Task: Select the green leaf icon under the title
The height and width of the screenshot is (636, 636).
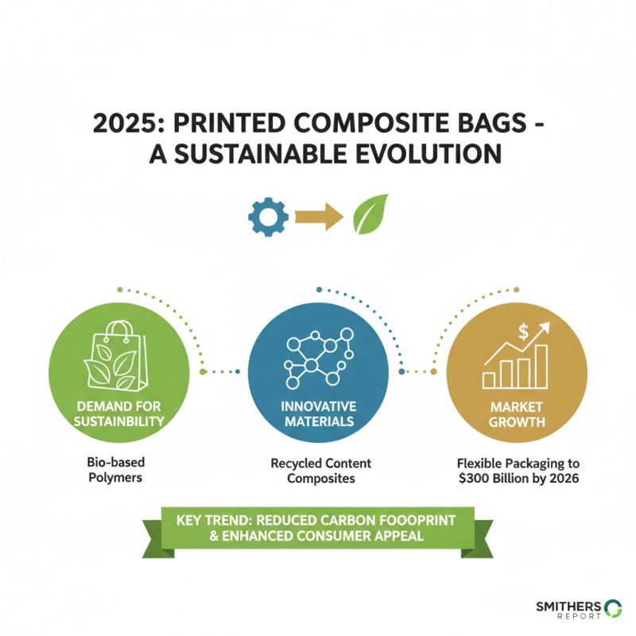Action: point(370,214)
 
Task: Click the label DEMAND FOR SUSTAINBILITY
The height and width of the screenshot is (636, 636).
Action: point(118,413)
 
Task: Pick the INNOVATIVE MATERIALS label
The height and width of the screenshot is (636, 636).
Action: point(318,413)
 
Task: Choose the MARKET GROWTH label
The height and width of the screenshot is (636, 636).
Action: point(517,413)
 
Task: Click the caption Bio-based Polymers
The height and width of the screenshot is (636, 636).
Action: point(118,470)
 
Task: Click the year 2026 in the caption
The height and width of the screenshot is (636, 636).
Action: point(561,478)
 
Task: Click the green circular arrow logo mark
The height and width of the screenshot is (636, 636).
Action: point(613,608)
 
